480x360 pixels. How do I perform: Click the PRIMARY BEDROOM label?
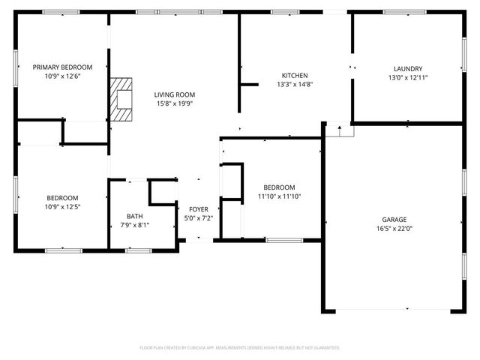(x=62, y=67)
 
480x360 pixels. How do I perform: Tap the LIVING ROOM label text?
(x=175, y=94)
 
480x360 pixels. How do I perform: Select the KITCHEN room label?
(x=295, y=76)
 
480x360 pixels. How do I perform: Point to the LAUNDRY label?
(x=407, y=68)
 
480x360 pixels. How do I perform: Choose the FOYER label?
(x=198, y=209)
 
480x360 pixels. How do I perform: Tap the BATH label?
(x=134, y=216)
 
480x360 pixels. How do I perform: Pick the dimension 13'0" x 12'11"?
(x=407, y=77)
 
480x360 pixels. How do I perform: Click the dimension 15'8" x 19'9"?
(x=175, y=103)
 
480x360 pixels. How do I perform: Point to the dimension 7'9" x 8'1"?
(x=134, y=224)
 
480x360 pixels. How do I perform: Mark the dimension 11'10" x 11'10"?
(x=278, y=196)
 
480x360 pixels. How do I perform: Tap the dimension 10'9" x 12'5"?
(x=62, y=207)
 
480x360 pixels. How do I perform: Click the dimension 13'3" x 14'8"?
(x=295, y=85)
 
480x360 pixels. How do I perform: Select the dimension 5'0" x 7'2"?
(x=198, y=218)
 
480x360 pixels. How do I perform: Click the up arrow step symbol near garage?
(x=340, y=130)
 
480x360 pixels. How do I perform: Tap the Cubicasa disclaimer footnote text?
(x=240, y=348)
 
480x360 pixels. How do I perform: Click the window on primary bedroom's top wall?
(x=61, y=12)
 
